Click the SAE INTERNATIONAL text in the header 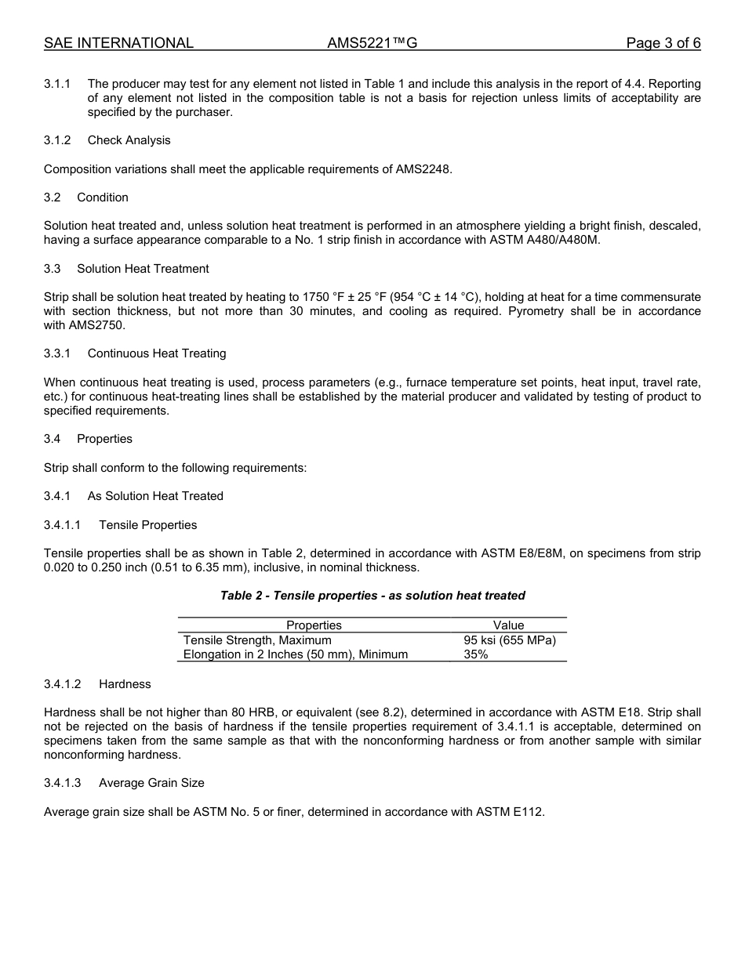pyautogui.click(x=118, y=43)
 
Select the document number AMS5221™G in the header pyautogui.click(x=372, y=43)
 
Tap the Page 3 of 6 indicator pyautogui.click(x=663, y=43)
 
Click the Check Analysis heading pyautogui.click(x=129, y=140)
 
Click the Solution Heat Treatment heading pyautogui.click(x=143, y=269)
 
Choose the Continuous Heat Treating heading pyautogui.click(x=157, y=353)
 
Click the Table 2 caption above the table pyautogui.click(x=372, y=596)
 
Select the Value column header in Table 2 pyautogui.click(x=508, y=625)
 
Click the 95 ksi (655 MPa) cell pyautogui.click(x=510, y=640)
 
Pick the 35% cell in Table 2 pyautogui.click(x=476, y=654)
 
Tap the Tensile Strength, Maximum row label pyautogui.click(x=257, y=640)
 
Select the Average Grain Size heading pyautogui.click(x=151, y=783)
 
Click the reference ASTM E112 pyautogui.click(x=510, y=812)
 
